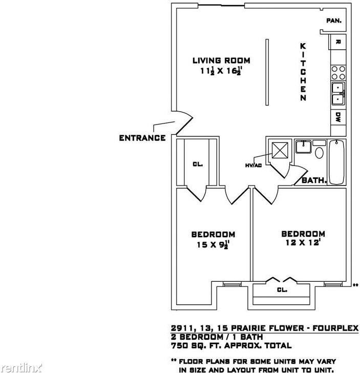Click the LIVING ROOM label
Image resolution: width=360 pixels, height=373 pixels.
click(x=221, y=60)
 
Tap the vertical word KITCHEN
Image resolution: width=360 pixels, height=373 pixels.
click(x=303, y=72)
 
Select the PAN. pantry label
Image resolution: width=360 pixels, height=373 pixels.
click(x=334, y=21)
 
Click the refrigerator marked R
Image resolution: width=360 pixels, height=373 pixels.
click(x=338, y=42)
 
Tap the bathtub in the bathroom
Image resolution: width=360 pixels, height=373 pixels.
click(x=336, y=161)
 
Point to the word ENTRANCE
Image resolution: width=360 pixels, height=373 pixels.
click(x=142, y=138)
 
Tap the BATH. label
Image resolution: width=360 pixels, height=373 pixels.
click(x=314, y=180)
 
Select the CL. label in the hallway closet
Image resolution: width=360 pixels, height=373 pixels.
click(x=198, y=164)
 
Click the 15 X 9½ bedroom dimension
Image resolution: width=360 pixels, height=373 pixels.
click(x=213, y=245)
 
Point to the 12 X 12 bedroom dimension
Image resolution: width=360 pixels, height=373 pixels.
click(x=303, y=243)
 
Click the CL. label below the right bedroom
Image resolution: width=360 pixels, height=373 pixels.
click(x=282, y=290)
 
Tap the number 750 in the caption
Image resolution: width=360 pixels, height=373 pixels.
click(x=179, y=346)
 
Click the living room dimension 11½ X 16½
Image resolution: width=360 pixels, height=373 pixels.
click(x=221, y=72)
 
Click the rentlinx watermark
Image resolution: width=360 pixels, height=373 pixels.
click(x=16, y=367)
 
